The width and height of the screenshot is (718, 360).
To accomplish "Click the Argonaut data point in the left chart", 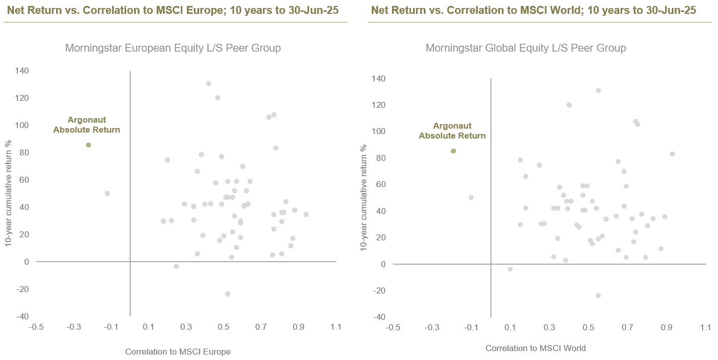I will (x=88, y=145).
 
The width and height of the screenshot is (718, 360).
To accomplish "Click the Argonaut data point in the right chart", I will (x=453, y=151).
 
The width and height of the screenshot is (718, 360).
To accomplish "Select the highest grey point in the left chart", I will (x=209, y=83).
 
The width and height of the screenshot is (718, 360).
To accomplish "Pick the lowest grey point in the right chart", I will (x=598, y=295).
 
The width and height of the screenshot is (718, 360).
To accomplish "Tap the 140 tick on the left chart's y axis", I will (x=22, y=71).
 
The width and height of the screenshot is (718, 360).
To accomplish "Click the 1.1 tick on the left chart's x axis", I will (x=336, y=327).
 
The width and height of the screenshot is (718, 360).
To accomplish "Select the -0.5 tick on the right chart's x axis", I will (x=393, y=328).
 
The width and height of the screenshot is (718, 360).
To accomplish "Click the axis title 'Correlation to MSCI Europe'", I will (x=178, y=352).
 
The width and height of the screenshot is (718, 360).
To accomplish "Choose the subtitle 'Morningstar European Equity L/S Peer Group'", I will (x=173, y=48).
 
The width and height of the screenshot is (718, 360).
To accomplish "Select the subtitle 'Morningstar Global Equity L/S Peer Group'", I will (x=526, y=48).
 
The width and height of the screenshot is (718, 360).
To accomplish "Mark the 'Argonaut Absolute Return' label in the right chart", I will (x=452, y=131).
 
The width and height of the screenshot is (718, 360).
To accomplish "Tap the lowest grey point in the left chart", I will (x=228, y=294).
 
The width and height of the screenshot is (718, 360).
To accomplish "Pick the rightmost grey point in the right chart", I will (x=672, y=154).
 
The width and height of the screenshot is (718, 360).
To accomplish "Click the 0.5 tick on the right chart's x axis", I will (x=588, y=328).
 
